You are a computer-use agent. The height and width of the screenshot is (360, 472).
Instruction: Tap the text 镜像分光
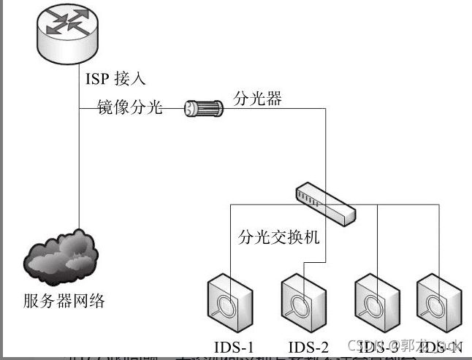[x=130, y=109]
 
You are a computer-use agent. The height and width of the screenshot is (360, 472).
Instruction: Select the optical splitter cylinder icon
[x=202, y=108]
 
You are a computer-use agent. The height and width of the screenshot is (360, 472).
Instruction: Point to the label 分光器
[x=257, y=97]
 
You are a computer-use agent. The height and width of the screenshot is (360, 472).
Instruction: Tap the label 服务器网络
[x=64, y=301]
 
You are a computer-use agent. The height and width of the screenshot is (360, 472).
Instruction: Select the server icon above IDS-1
[x=231, y=300]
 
